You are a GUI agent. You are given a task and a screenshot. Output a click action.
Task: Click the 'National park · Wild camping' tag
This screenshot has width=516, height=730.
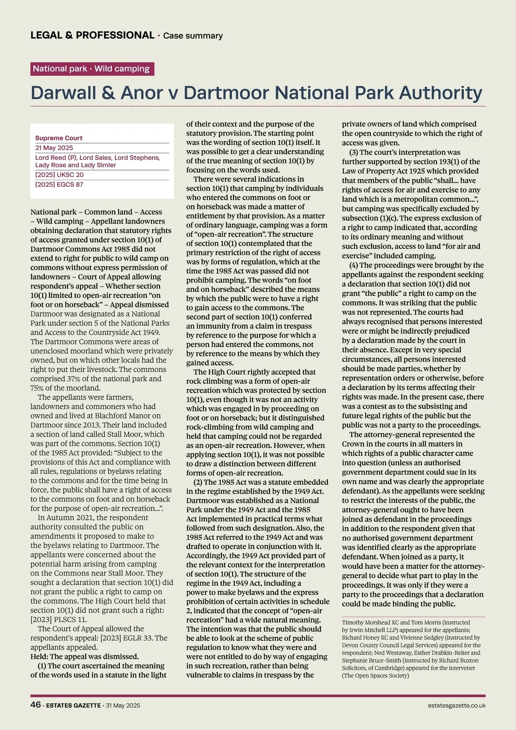[x=92, y=69]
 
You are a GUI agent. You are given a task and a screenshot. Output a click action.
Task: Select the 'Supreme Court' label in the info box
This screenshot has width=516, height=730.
[x=59, y=138]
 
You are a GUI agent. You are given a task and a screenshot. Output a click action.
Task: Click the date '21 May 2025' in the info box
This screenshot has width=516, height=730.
[x=54, y=148]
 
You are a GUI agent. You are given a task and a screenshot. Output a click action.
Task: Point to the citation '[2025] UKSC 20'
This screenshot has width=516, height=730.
[x=59, y=175]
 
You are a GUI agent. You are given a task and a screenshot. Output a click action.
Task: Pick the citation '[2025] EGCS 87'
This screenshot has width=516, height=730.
[x=59, y=185]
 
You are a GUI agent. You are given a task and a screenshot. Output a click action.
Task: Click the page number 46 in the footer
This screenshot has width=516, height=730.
[x=36, y=705]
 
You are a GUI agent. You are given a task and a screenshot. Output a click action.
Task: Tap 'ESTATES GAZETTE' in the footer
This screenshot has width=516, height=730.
[x=73, y=705]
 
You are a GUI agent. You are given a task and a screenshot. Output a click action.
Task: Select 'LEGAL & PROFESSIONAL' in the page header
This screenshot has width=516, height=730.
[x=92, y=35]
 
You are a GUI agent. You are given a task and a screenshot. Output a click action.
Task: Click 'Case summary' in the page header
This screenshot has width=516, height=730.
[x=193, y=36]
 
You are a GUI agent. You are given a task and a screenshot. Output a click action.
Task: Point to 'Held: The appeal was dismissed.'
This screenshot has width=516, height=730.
[x=85, y=656]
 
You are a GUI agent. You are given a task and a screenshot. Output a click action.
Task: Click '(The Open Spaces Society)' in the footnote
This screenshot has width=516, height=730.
[x=375, y=675]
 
